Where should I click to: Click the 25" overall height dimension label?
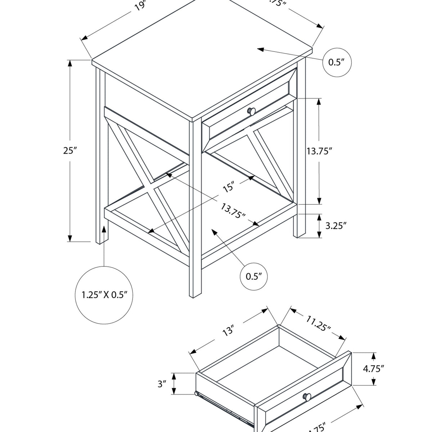click(x=71, y=151)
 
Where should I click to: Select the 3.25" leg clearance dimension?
click(x=336, y=226)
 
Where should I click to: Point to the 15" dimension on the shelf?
click(x=228, y=187)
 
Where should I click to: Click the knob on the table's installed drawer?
click(x=252, y=111)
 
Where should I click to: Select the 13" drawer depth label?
click(x=228, y=330)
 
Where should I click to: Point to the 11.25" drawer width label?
click(x=318, y=323)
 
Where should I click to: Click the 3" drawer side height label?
click(x=162, y=384)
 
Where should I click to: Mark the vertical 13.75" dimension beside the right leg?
click(x=319, y=151)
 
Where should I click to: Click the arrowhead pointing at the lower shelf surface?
click(x=215, y=232)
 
